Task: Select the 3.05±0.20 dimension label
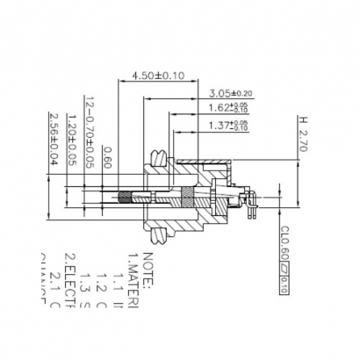point(230,92)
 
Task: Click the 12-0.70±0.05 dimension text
point(89,133)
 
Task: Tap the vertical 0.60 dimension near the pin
point(106,155)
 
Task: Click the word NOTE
point(147,269)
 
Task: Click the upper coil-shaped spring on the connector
point(159,160)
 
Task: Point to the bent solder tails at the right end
point(250,203)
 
